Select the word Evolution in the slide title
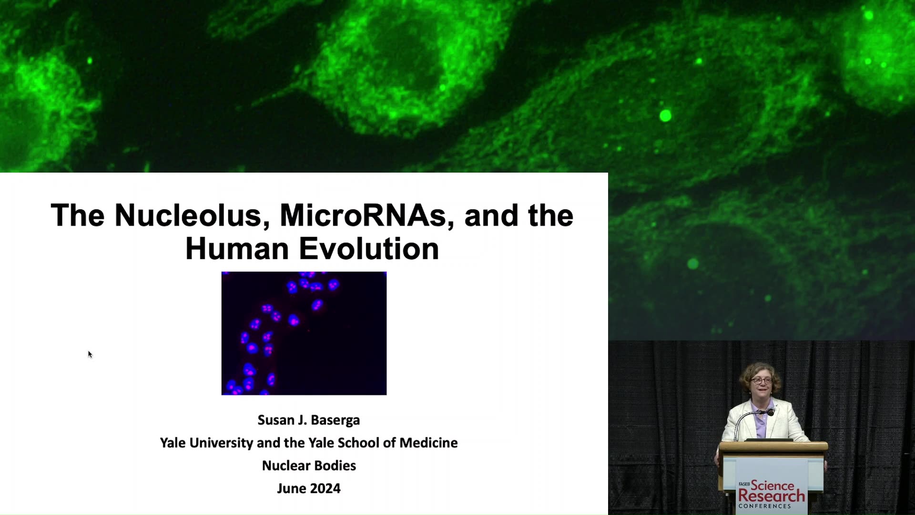pyautogui.click(x=369, y=248)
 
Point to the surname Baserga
pyautogui.click(x=335, y=420)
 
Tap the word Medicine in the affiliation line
pyautogui.click(x=428, y=443)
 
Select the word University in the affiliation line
pyautogui.click(x=222, y=443)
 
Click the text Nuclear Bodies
pyautogui.click(x=309, y=466)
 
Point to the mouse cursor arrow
pyautogui.click(x=90, y=354)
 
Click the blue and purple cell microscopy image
pyautogui.click(x=304, y=333)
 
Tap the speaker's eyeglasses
pyautogui.click(x=761, y=381)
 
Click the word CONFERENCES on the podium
pyautogui.click(x=764, y=506)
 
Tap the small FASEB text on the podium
pyautogui.click(x=744, y=484)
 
